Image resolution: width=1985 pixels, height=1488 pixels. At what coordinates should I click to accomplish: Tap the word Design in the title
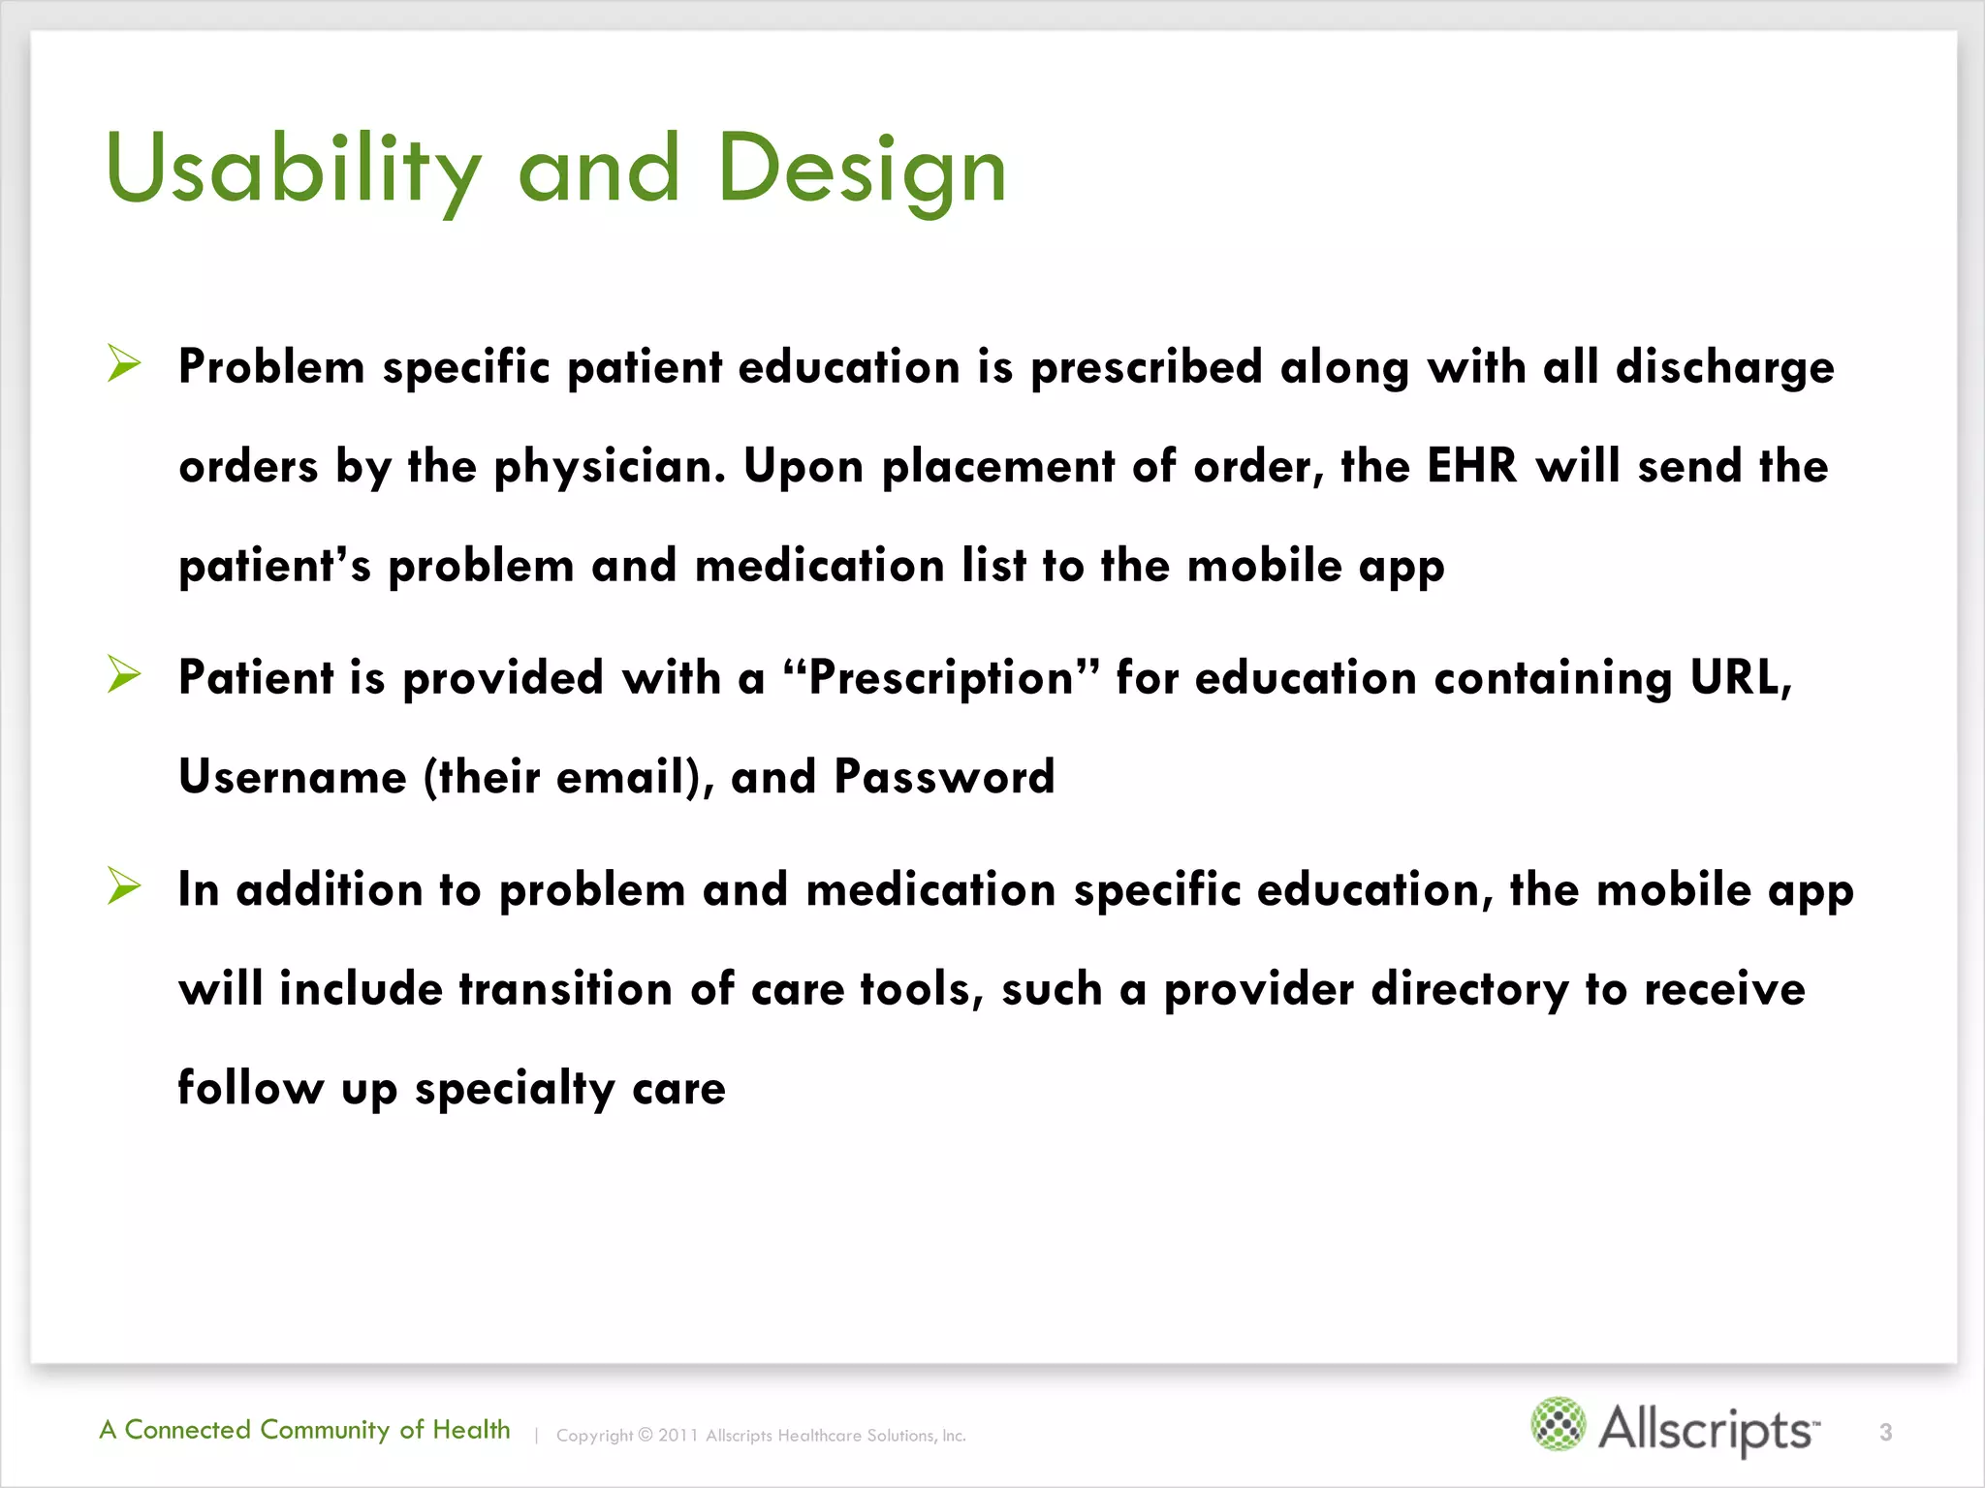click(x=862, y=170)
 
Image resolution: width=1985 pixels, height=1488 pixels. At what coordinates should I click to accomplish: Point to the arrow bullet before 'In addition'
click(x=124, y=885)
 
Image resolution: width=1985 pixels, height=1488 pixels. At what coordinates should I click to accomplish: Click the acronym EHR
click(x=1471, y=466)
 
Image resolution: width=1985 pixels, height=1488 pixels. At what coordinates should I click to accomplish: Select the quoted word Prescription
click(x=941, y=678)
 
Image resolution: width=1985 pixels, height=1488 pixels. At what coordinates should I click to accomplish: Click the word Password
click(x=944, y=776)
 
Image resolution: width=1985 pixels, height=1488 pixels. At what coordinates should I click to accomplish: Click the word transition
click(x=565, y=989)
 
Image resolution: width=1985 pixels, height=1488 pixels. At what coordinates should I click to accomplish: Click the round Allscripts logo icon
click(x=1558, y=1424)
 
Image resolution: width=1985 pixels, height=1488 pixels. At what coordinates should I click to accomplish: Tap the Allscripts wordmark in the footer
click(x=1708, y=1429)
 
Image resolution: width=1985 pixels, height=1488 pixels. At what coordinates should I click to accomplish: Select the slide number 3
click(x=1885, y=1432)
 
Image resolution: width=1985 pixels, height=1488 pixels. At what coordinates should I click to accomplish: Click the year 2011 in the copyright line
click(x=677, y=1436)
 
